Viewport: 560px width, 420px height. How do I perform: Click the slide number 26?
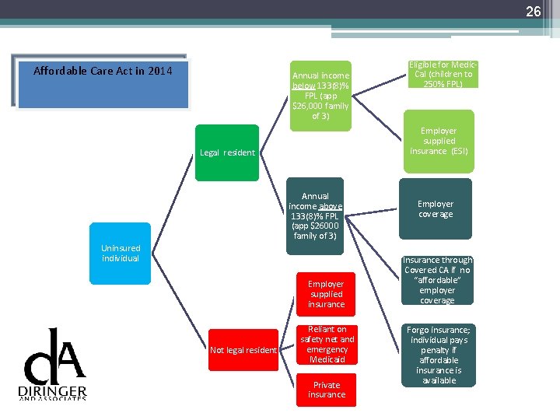click(x=533, y=12)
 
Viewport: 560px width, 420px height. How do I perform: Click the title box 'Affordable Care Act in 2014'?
click(x=103, y=82)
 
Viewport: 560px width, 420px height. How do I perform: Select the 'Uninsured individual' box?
click(x=121, y=254)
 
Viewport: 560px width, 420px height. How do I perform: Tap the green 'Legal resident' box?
click(x=227, y=152)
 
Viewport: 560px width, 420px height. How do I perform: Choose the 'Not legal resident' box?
click(x=243, y=350)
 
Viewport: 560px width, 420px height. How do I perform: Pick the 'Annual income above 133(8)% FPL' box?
click(x=315, y=216)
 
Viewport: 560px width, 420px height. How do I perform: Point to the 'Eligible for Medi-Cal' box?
click(x=443, y=74)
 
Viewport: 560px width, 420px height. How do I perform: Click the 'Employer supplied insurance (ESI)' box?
click(x=439, y=141)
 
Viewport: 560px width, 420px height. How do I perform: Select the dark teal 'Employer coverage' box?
click(x=436, y=209)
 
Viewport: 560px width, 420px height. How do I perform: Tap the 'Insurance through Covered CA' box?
click(x=437, y=280)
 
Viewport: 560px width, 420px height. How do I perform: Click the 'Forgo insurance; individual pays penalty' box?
click(x=437, y=355)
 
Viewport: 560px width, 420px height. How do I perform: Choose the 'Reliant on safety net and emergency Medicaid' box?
click(x=327, y=345)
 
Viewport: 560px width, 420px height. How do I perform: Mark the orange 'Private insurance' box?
click(x=327, y=390)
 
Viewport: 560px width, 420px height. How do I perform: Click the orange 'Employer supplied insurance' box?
click(x=326, y=294)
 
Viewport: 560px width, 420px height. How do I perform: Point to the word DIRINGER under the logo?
click(x=53, y=390)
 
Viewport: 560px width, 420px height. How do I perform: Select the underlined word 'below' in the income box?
click(x=304, y=86)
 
